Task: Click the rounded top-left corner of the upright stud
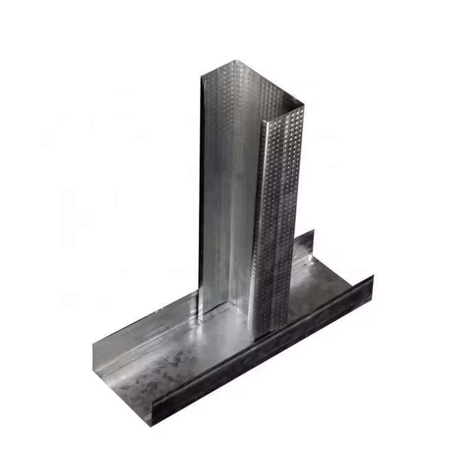203,77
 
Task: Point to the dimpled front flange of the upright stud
279,223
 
